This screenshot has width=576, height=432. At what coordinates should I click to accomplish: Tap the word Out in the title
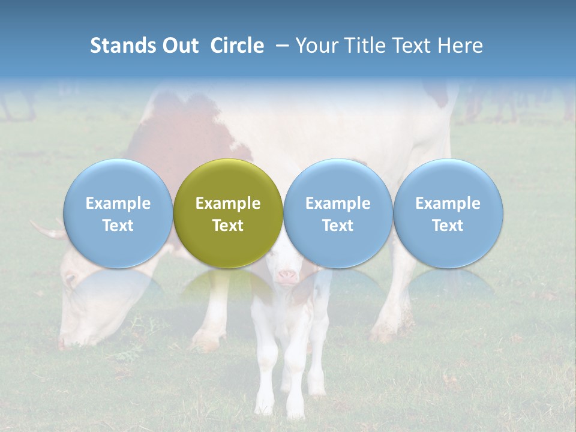(181, 46)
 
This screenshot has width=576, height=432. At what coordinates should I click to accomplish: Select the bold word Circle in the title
(237, 46)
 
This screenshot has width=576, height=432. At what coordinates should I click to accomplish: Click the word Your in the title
(314, 46)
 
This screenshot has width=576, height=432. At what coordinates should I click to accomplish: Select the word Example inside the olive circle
(228, 203)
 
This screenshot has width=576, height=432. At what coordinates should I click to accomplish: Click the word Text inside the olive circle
(228, 226)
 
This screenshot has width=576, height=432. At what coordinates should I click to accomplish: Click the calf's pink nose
(287, 277)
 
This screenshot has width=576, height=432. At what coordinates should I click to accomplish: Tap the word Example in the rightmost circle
(448, 203)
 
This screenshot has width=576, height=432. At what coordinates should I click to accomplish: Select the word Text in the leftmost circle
(118, 226)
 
